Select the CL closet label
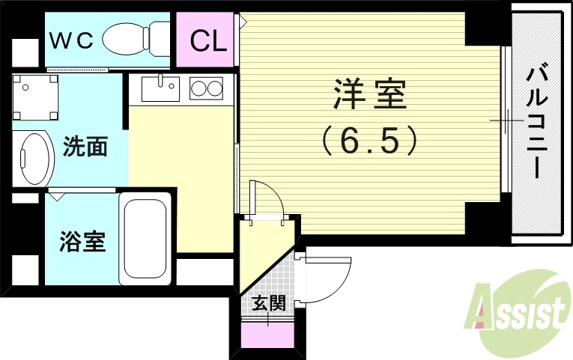pos(207,40)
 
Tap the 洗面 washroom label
pos(85,146)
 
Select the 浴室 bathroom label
pos(82,241)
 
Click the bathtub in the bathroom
pos(146,238)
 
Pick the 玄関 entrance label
pos(268,303)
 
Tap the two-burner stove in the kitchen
pos(206,88)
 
